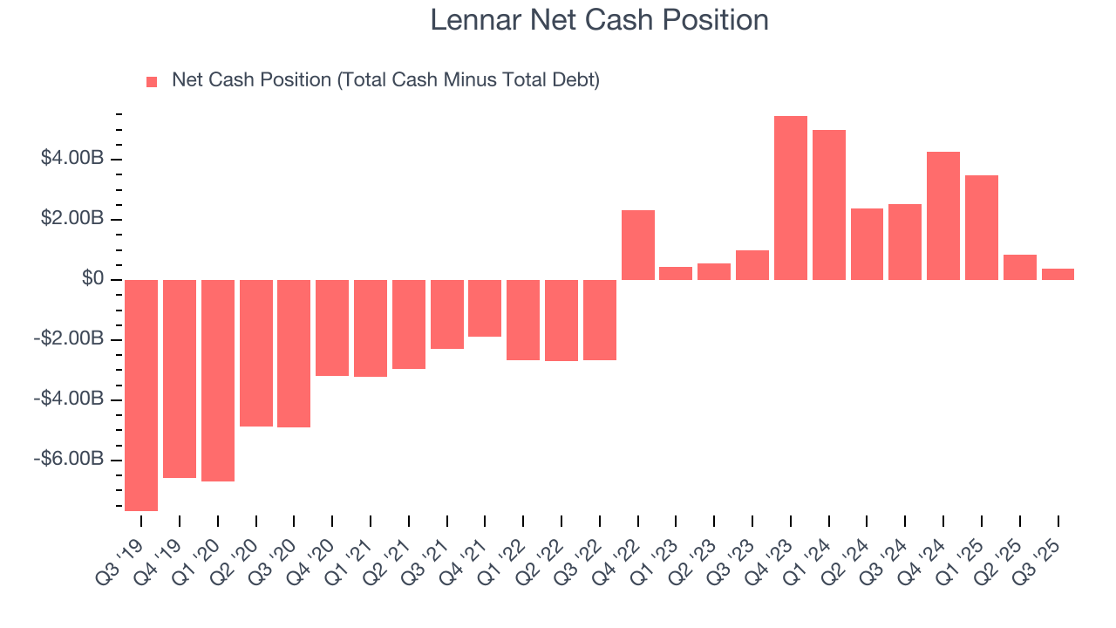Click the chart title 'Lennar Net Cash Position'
point(600,20)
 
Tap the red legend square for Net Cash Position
point(152,82)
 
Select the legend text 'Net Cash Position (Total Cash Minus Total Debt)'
point(385,80)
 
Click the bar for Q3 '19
point(141,395)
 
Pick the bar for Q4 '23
point(790,198)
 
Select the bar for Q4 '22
point(638,245)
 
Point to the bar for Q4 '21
point(485,308)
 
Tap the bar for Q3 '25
point(1058,274)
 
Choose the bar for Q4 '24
point(943,215)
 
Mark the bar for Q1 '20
point(218,380)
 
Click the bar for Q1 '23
point(676,273)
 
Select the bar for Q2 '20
point(255,353)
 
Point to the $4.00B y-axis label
point(72,159)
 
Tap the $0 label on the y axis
point(92,279)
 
